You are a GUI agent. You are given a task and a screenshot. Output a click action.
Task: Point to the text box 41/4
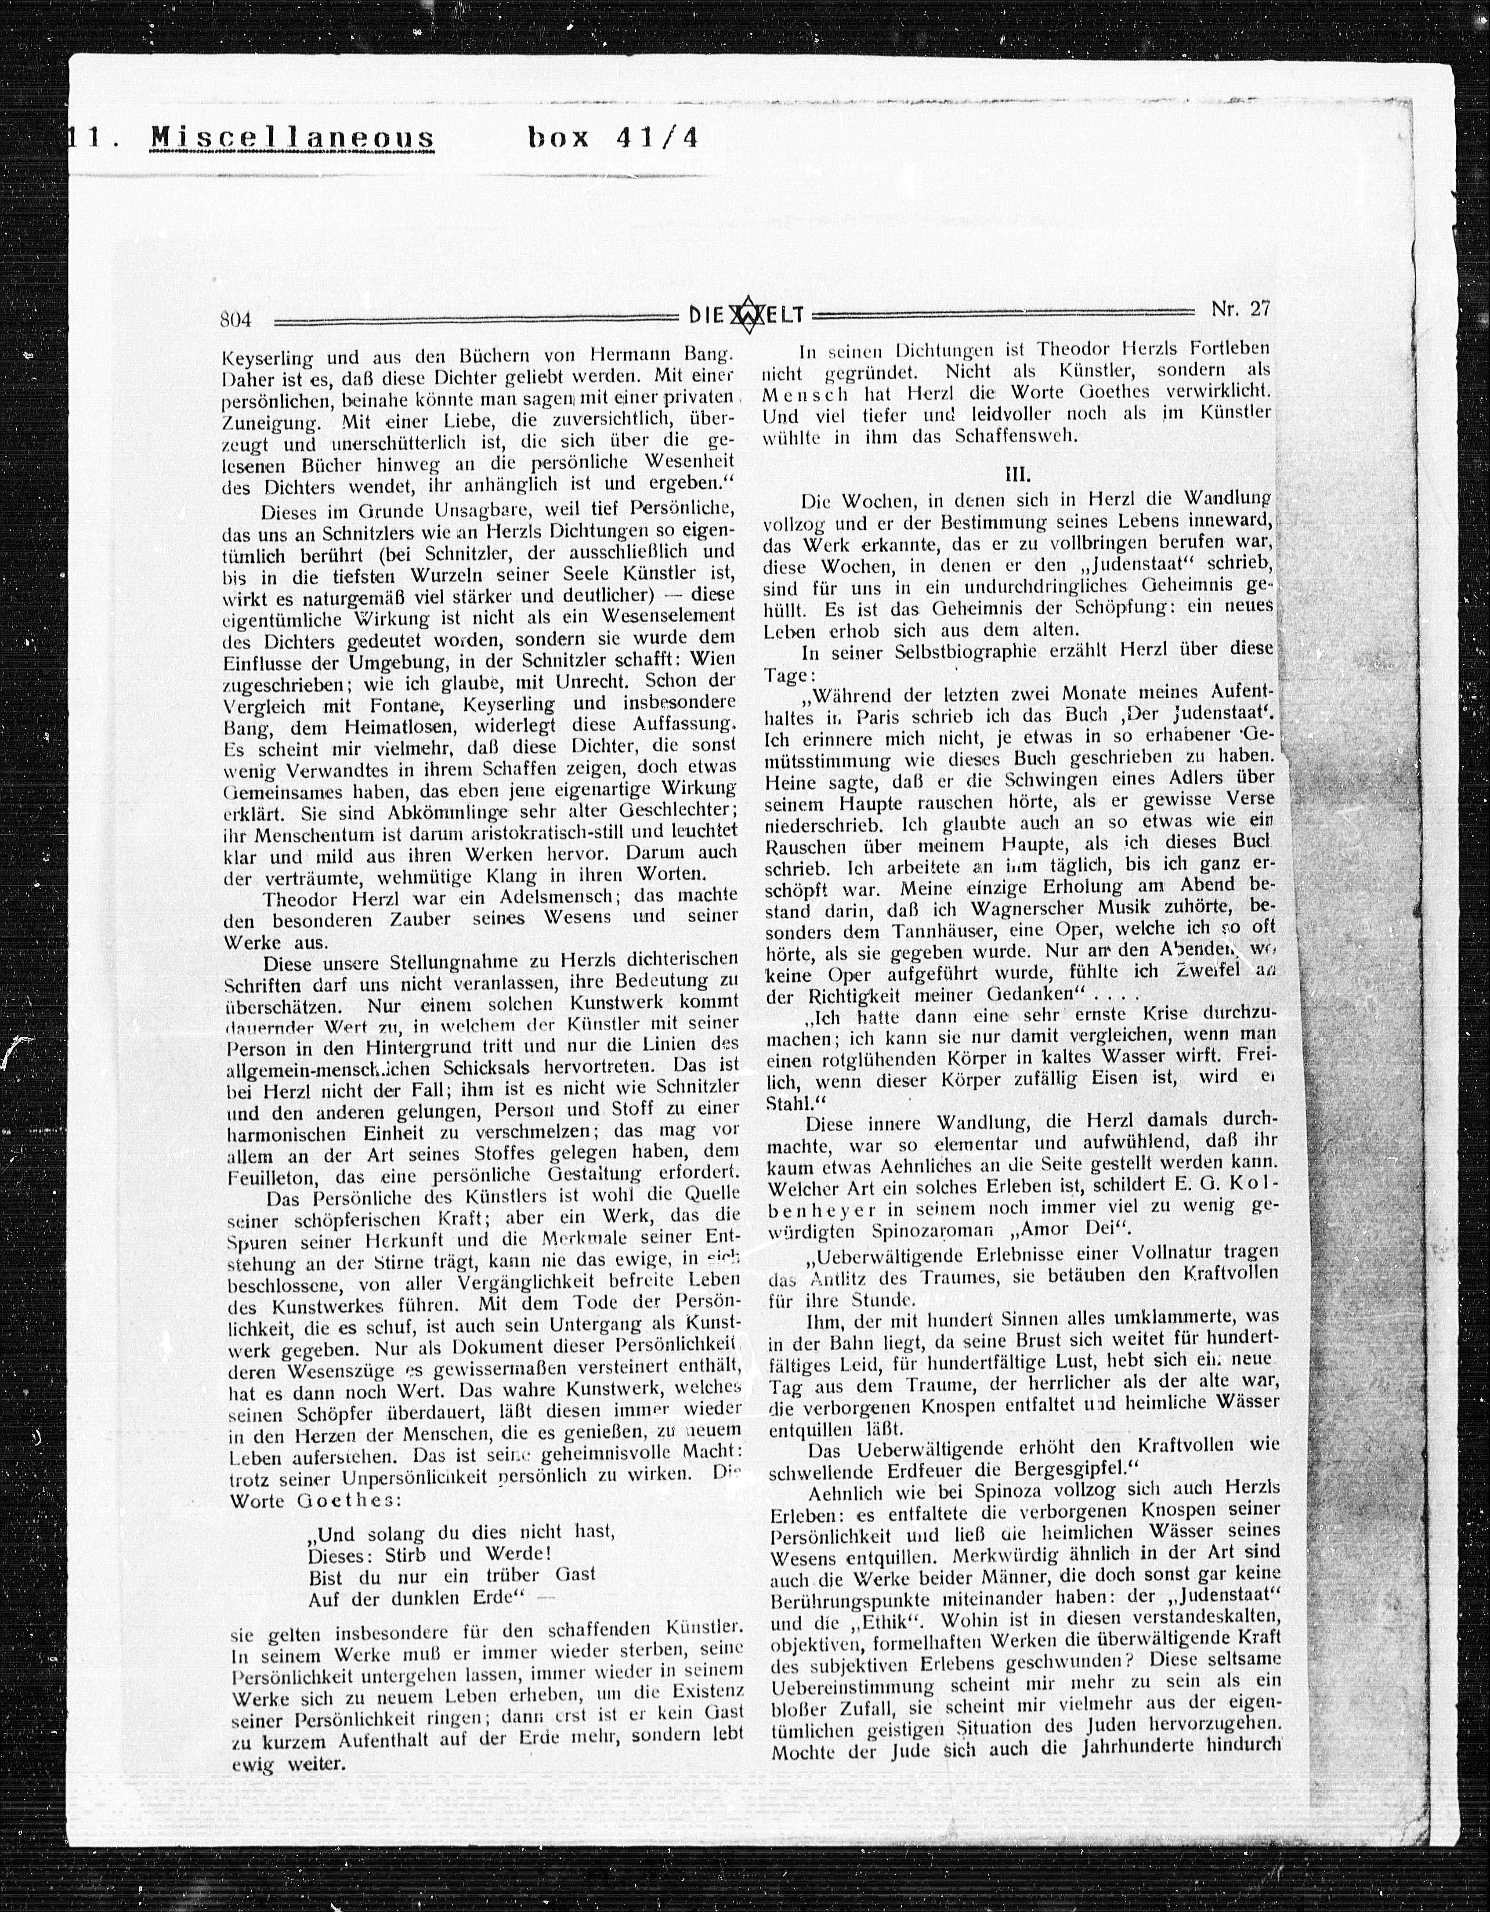tap(613, 138)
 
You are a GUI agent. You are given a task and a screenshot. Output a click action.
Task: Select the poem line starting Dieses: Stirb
tap(429, 1554)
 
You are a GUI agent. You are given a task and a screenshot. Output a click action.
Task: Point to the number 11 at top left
tap(87, 138)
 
